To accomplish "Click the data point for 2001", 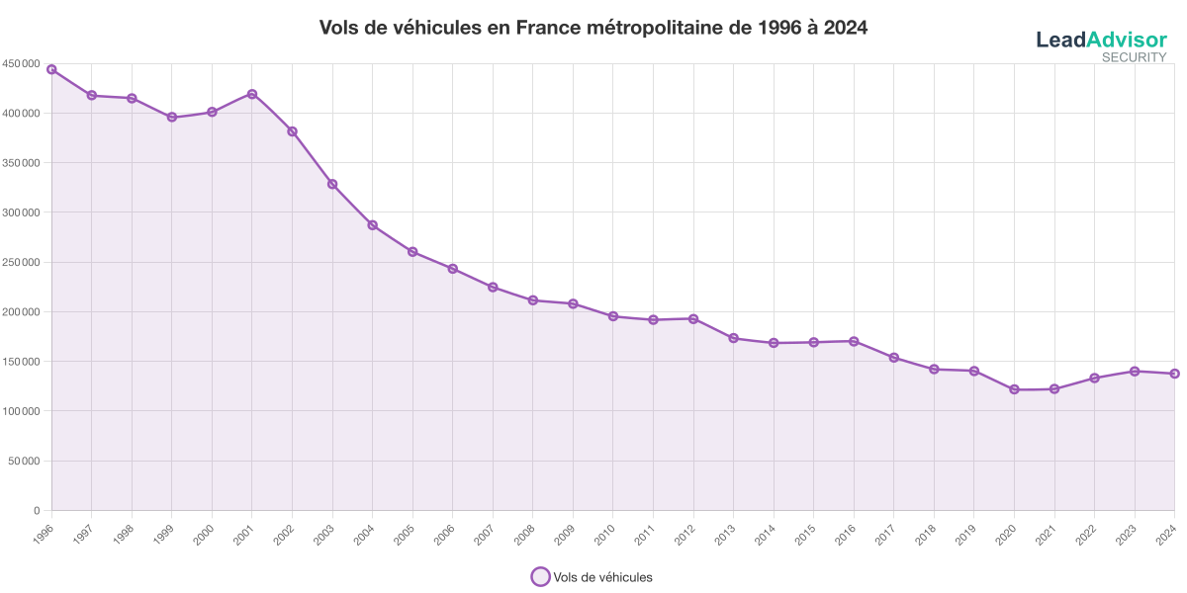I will pos(252,94).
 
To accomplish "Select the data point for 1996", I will pos(51,69).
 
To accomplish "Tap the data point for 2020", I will pos(1014,389).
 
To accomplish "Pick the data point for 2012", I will pos(693,318).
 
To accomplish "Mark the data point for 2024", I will pos(1174,374).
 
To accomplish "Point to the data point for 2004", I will pos(373,224).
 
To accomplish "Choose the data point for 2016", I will pos(854,341).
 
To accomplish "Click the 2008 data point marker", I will pos(533,299).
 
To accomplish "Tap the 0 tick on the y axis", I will pos(35,510).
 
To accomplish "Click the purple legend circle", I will pos(540,577).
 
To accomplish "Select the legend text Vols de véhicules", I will pos(602,577).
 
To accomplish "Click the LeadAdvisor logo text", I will pos(1101,40).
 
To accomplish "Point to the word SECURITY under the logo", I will pos(1134,57).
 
